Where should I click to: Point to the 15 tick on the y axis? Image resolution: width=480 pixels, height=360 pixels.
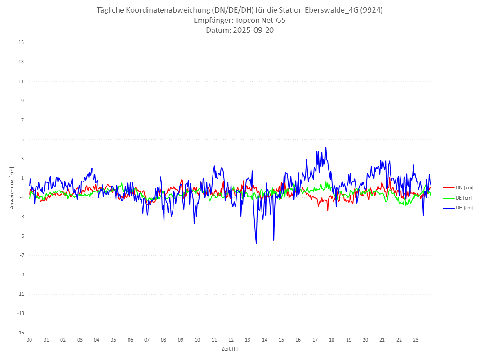21,43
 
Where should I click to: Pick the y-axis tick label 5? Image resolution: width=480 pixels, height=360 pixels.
22,139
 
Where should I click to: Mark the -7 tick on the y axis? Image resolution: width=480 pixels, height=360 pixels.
21,255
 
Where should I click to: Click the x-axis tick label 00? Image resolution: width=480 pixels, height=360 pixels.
29,340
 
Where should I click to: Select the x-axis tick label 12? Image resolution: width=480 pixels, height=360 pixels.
231,340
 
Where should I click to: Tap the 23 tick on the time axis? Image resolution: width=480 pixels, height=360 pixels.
416,340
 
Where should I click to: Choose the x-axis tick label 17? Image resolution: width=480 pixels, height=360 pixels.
315,340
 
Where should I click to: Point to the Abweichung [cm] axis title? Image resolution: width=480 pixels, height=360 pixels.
12,187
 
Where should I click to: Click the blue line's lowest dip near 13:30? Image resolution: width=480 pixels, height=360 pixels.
256,243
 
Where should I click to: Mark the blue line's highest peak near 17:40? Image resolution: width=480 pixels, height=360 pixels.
326,147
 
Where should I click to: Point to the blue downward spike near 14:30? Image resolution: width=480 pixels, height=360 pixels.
274,240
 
